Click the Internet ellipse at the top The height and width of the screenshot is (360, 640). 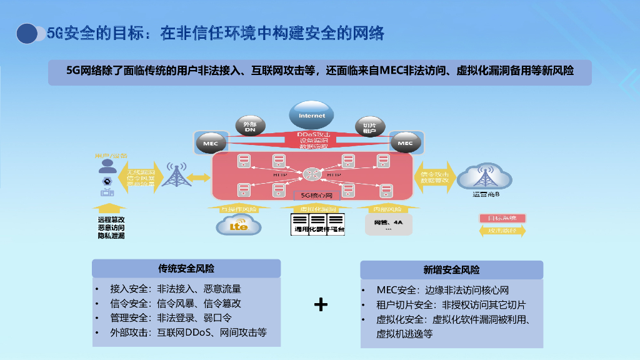pyautogui.click(x=311, y=116)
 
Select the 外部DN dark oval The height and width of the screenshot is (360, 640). pyautogui.click(x=250, y=127)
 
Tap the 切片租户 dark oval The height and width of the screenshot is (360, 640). pyautogui.click(x=369, y=127)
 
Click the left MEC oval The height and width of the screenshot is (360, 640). pyautogui.click(x=211, y=144)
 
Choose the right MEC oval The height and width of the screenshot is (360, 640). pyautogui.click(x=405, y=144)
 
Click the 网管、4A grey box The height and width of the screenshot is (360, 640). pyautogui.click(x=388, y=224)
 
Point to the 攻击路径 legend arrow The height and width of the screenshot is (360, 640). pyautogui.click(x=502, y=231)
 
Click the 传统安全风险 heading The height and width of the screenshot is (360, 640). pyautogui.click(x=186, y=268)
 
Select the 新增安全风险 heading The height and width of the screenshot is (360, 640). pyautogui.click(x=451, y=269)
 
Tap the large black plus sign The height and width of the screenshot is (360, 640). pyautogui.click(x=321, y=304)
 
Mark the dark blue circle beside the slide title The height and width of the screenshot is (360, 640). pyautogui.click(x=27, y=33)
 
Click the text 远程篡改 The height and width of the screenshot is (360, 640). pyautogui.click(x=111, y=219)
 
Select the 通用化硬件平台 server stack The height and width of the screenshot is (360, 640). pyautogui.click(x=318, y=224)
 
